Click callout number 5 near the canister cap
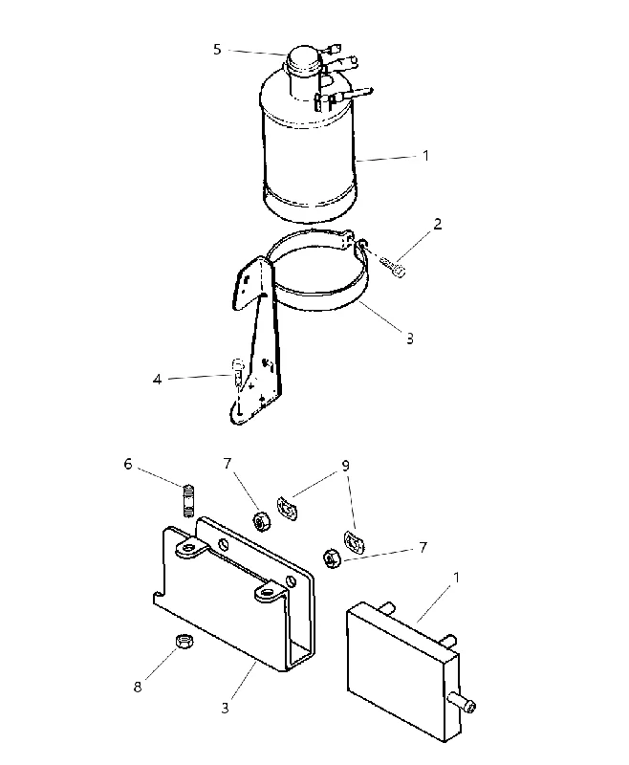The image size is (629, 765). tap(217, 50)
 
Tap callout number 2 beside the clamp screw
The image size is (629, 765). tap(438, 224)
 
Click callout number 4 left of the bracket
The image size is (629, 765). tap(157, 379)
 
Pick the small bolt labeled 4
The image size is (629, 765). tap(237, 374)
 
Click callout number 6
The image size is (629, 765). tap(128, 464)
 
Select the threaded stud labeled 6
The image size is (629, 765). tap(188, 500)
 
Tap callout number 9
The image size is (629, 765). tap(345, 466)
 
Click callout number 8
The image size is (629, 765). tap(138, 687)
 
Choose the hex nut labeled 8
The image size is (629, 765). tap(184, 640)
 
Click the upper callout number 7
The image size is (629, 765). tap(228, 464)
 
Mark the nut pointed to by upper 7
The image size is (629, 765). tap(261, 521)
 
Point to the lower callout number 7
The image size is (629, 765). tap(423, 547)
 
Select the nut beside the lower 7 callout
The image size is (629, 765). tap(332, 558)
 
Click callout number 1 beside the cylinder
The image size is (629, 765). tap(425, 156)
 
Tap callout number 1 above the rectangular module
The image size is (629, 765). tap(456, 578)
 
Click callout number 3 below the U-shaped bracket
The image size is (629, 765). tap(225, 708)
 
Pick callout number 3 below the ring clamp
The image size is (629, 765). tap(409, 339)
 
